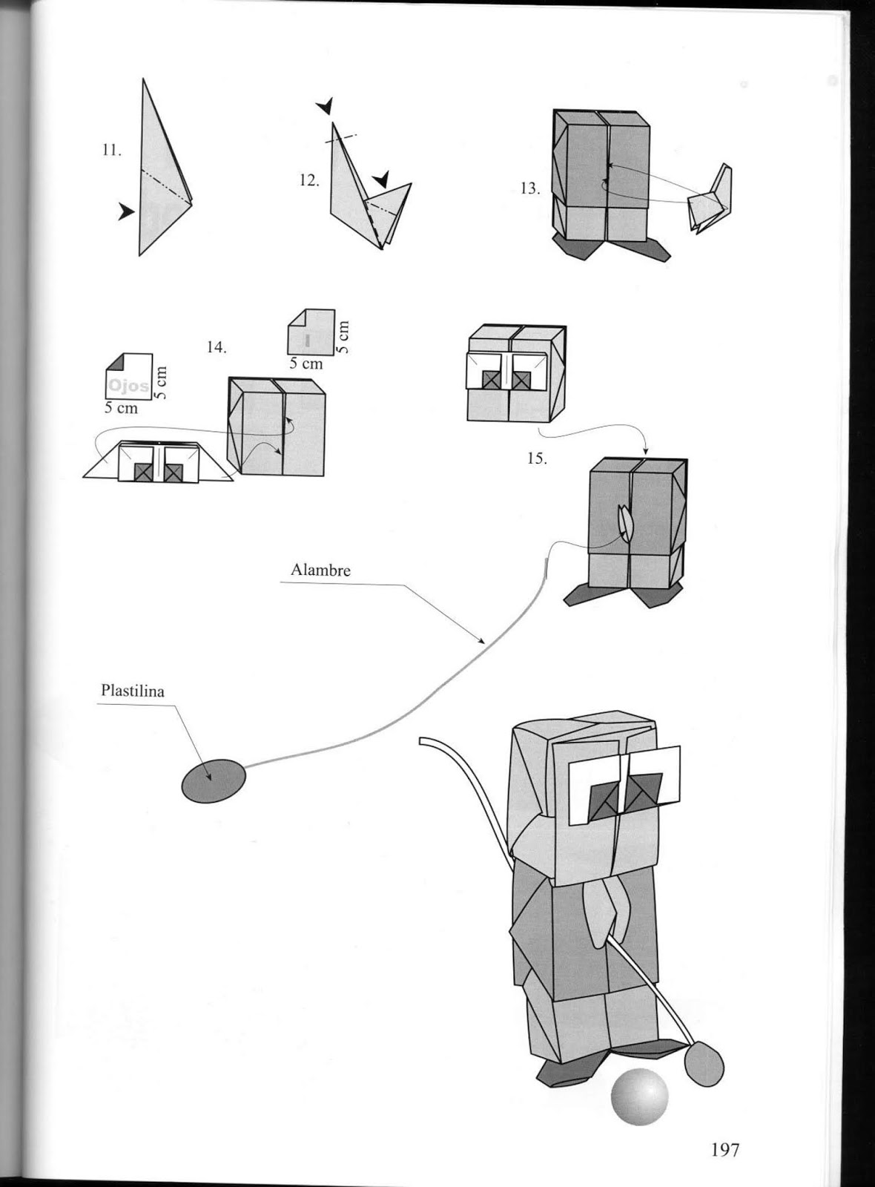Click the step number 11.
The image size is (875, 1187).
(x=111, y=150)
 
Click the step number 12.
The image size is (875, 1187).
(x=309, y=180)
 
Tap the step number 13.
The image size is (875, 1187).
(x=529, y=188)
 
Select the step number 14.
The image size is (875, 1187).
(x=217, y=347)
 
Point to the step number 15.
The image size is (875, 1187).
(x=537, y=458)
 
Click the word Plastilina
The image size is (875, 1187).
(x=133, y=691)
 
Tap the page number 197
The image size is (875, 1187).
(x=725, y=1150)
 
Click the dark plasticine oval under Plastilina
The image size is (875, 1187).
(x=213, y=780)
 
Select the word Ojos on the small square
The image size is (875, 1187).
(x=128, y=386)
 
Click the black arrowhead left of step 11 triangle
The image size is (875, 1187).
(x=126, y=213)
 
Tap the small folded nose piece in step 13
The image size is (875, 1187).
(x=710, y=199)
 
